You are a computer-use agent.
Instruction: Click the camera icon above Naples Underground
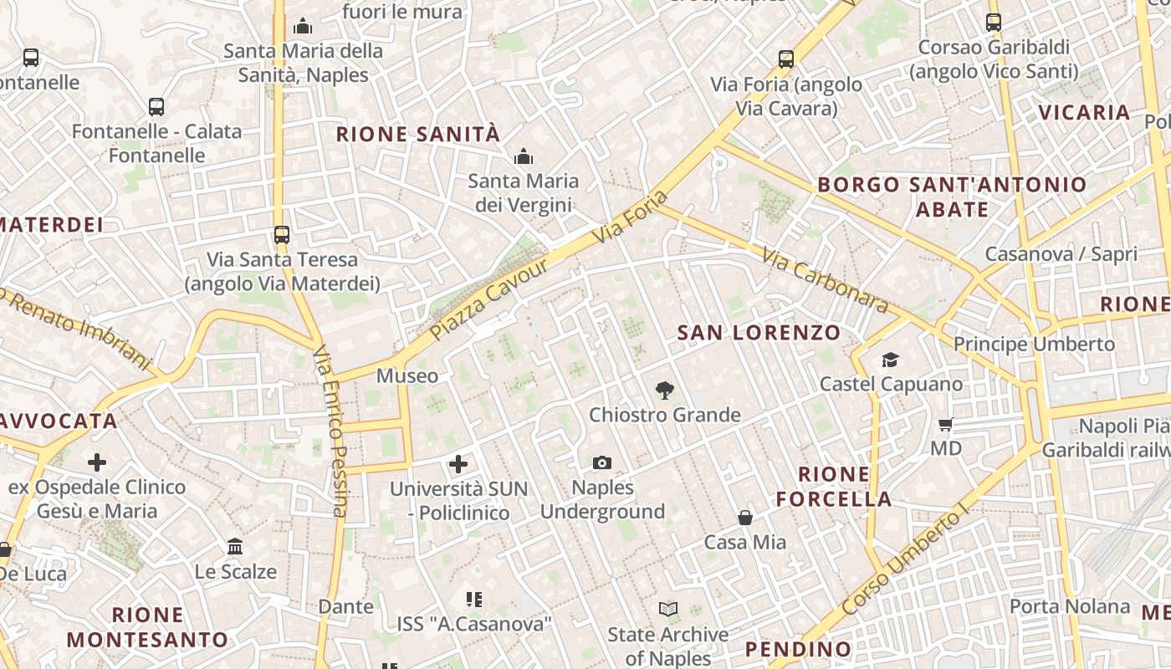tap(601, 462)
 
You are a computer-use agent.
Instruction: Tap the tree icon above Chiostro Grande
tap(665, 390)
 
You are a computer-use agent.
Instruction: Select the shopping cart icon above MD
tap(946, 424)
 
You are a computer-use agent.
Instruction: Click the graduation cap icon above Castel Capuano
tap(890, 360)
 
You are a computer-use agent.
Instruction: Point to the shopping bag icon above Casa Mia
tap(745, 518)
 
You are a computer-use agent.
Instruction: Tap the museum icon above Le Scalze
tap(235, 547)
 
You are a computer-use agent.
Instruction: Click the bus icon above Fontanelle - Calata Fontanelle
tap(156, 106)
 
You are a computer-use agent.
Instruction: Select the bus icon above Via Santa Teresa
tap(282, 234)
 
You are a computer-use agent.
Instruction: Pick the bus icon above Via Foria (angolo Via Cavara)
tap(786, 59)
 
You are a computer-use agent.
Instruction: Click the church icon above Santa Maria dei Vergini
tap(524, 156)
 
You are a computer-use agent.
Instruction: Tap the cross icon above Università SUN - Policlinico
tap(458, 463)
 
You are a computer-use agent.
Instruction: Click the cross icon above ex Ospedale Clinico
tap(97, 462)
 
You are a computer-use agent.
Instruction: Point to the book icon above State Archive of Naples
tap(667, 610)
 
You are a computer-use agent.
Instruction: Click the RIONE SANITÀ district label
tap(418, 134)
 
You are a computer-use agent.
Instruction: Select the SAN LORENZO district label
tap(759, 332)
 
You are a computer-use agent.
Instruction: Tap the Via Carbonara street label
tap(825, 279)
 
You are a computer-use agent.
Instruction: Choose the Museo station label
tap(407, 375)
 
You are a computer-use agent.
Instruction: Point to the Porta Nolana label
tap(1070, 606)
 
